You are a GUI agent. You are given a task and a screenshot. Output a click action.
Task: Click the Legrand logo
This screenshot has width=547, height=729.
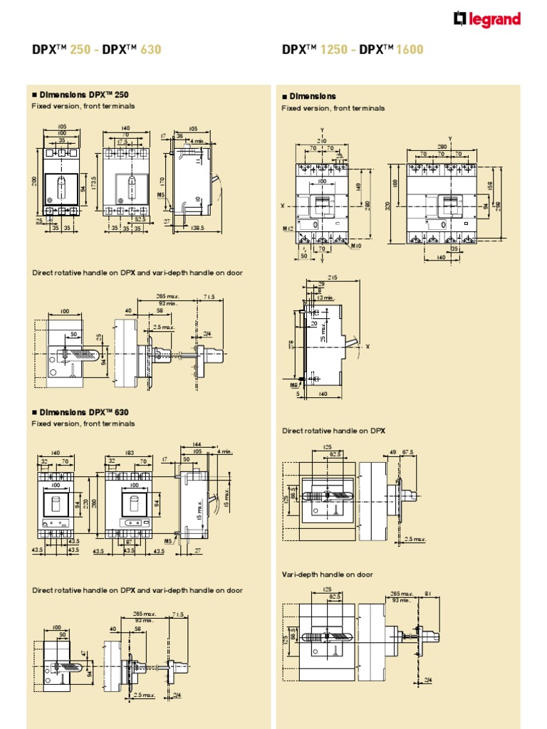pos(487,21)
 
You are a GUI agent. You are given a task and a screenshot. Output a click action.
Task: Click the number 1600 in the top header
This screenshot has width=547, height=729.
pos(410,50)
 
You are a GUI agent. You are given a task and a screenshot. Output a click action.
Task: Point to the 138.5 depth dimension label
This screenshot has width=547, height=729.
pos(197,228)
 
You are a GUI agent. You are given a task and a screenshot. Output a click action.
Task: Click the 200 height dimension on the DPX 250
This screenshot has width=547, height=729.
pos(33,182)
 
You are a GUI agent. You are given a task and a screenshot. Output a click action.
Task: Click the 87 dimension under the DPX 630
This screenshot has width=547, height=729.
pos(130,542)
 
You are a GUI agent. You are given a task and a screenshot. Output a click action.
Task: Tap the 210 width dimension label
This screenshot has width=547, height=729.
pos(321,141)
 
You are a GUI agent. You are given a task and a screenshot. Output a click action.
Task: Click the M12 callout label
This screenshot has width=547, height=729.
pos(288,229)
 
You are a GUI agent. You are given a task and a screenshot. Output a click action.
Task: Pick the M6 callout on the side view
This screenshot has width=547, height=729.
pos(295,384)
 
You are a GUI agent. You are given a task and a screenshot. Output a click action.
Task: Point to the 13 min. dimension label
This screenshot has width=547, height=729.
pos(326,298)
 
